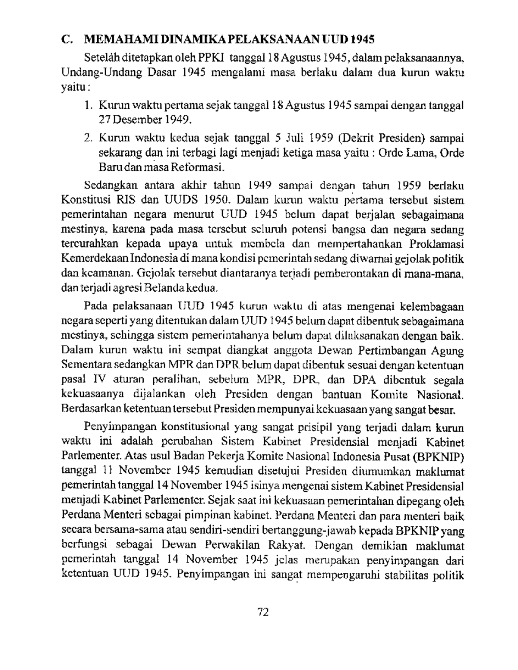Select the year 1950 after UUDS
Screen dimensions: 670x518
tap(221, 201)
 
